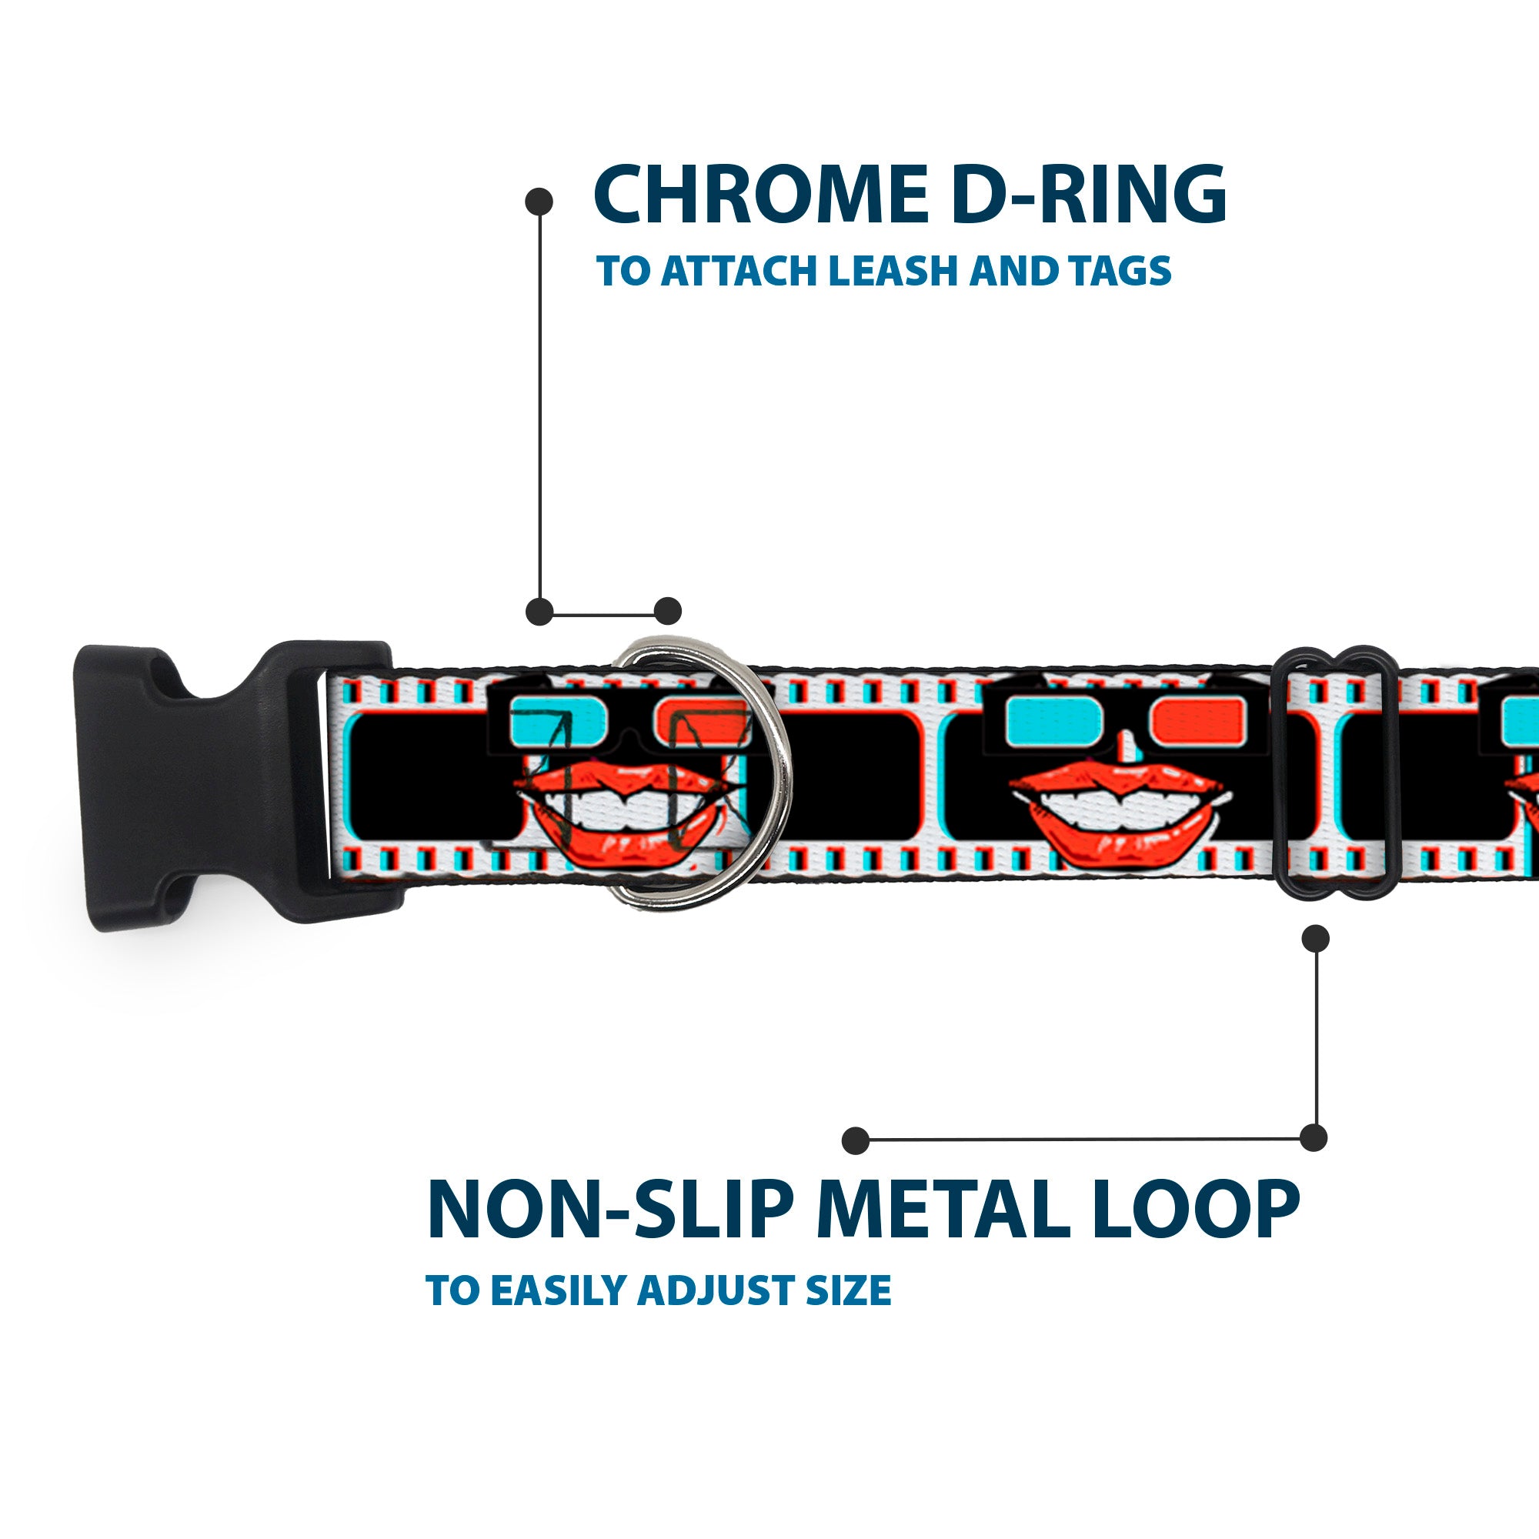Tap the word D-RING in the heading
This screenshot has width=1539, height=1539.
click(x=1088, y=195)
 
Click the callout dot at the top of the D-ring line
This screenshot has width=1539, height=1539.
click(x=539, y=201)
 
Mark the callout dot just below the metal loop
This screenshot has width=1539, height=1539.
click(x=1315, y=938)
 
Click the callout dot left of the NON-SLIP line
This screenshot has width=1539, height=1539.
click(x=856, y=1140)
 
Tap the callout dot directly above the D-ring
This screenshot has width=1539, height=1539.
click(x=667, y=612)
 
